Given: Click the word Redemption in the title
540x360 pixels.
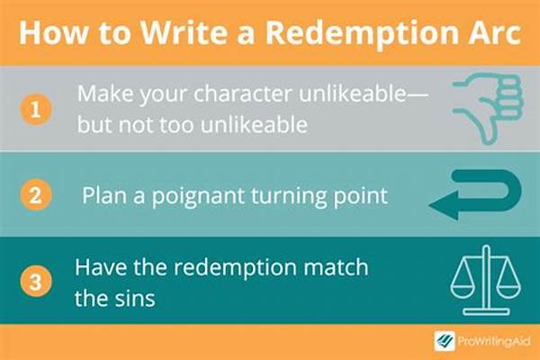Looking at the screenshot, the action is [363, 33].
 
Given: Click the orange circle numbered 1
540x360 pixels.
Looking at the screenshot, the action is [36, 110].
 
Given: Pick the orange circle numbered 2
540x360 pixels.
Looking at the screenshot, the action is [36, 195].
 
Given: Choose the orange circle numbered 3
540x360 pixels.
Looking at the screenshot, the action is [36, 281].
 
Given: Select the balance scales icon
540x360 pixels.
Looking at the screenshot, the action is [486, 280].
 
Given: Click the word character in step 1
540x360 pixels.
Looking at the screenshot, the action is [243, 93].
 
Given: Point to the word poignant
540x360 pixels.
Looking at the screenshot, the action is [198, 196].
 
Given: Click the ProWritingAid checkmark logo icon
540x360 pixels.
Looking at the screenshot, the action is [445, 341].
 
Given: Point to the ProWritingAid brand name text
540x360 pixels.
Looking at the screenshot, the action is [494, 342].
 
